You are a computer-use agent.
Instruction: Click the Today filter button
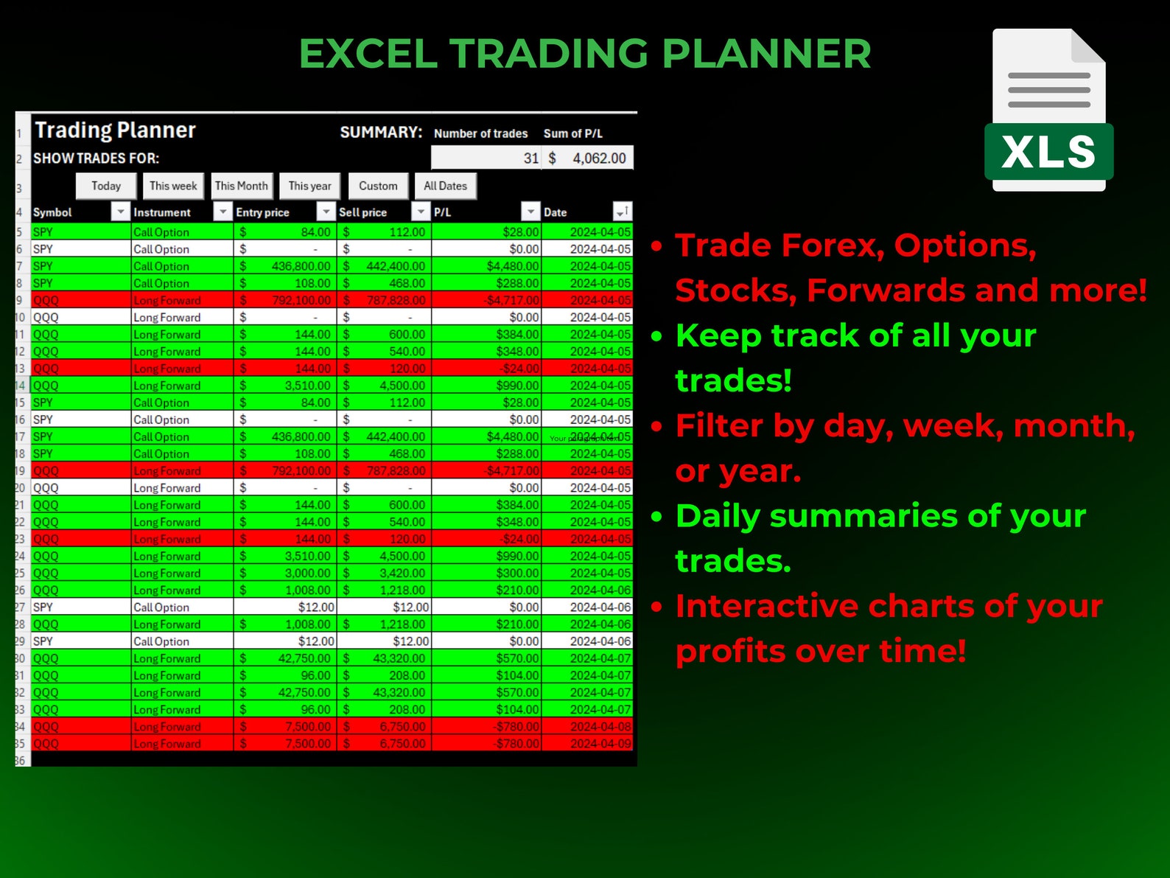point(106,186)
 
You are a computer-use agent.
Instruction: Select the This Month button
point(242,186)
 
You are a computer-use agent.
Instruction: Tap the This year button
point(309,186)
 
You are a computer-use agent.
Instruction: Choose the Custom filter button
point(378,186)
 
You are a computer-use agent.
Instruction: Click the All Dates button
point(445,186)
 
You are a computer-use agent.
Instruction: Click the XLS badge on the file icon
point(1048,152)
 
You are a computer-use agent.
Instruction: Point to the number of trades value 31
point(530,158)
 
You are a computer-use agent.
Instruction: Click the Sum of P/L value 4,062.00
point(598,158)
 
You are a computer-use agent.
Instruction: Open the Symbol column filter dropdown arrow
point(120,212)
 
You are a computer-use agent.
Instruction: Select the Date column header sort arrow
point(623,212)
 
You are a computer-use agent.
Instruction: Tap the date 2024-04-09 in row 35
point(600,743)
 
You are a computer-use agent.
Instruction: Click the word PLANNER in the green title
point(766,54)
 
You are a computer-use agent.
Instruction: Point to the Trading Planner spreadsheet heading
point(116,130)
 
